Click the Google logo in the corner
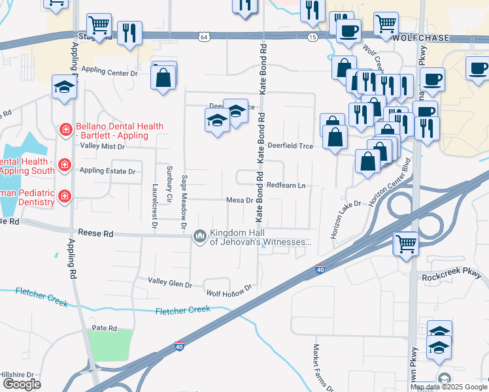click(x=22, y=384)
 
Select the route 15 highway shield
click(x=313, y=39)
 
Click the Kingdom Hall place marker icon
click(x=199, y=236)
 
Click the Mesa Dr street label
click(x=239, y=200)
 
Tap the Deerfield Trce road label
click(x=294, y=146)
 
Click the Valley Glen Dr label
click(x=170, y=284)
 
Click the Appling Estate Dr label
click(x=107, y=171)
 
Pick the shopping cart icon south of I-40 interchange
click(x=406, y=244)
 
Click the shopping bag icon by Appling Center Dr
click(x=163, y=78)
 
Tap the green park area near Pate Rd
click(x=110, y=345)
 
